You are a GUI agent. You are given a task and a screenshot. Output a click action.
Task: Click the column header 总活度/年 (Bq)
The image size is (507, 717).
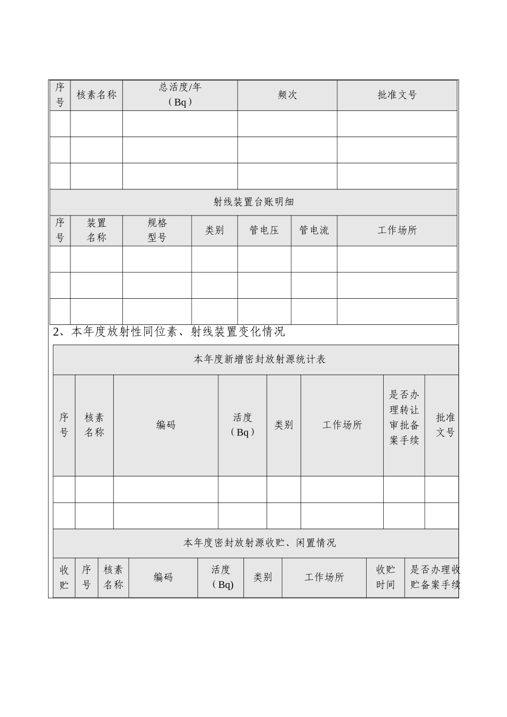(180, 95)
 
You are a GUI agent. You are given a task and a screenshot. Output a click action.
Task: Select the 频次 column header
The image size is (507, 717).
(287, 95)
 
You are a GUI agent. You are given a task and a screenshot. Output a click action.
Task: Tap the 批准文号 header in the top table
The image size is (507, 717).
(397, 95)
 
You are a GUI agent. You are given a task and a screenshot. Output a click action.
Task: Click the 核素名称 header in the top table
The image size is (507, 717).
(96, 95)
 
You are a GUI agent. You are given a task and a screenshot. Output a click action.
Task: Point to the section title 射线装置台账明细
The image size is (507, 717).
(253, 202)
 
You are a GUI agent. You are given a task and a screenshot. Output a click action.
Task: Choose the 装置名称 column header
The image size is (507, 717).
(96, 230)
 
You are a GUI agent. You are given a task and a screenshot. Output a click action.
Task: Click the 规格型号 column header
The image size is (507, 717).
(157, 230)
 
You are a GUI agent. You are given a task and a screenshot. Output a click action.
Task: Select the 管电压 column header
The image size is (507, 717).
(264, 230)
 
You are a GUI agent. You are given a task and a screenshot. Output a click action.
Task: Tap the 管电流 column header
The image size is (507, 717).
(314, 230)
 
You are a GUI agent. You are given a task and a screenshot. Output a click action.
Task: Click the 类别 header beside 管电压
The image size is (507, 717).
(215, 230)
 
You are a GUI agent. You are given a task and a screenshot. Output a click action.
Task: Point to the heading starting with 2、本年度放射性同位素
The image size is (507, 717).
(169, 332)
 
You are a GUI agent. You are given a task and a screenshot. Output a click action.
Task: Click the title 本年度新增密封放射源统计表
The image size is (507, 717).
(259, 360)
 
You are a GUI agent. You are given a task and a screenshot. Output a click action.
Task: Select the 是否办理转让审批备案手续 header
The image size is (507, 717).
(404, 425)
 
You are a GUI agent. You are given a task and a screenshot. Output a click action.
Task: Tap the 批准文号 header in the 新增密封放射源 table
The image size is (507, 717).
(445, 425)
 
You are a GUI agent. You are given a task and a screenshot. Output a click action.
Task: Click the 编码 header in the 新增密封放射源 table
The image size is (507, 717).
(165, 425)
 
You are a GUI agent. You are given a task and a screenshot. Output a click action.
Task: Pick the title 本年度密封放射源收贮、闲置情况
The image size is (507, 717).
(259, 543)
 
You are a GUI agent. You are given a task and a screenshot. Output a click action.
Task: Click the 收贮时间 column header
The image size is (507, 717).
(385, 577)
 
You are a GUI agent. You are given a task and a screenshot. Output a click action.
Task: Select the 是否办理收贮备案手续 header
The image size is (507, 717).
(434, 577)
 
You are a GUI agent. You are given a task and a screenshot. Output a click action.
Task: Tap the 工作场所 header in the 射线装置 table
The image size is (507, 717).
(397, 230)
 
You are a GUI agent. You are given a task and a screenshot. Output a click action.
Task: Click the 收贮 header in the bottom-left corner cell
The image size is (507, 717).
(64, 577)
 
